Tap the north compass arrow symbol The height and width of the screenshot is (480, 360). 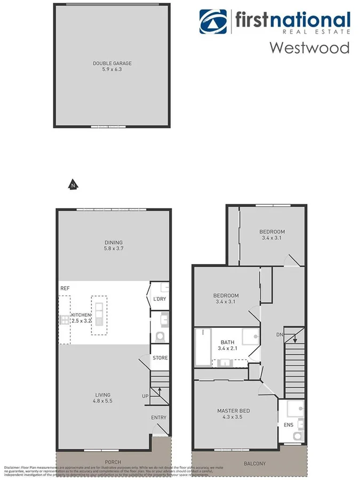click(x=73, y=185)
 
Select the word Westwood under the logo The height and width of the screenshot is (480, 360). click(x=309, y=47)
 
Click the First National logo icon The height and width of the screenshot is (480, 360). click(x=213, y=21)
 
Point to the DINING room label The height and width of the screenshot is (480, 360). click(x=113, y=242)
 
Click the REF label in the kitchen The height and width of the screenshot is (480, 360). click(x=65, y=288)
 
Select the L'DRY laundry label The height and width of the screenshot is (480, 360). click(x=159, y=299)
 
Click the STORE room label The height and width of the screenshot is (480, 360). click(x=160, y=358)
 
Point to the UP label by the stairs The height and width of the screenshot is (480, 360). click(x=145, y=396)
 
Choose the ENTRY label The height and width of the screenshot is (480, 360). click(x=158, y=418)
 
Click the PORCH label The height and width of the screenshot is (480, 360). click(x=113, y=462)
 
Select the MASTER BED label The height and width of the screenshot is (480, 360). click(x=233, y=411)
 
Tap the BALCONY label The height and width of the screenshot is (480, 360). click(x=254, y=463)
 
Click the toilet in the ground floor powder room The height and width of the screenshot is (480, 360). click(x=159, y=337)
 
